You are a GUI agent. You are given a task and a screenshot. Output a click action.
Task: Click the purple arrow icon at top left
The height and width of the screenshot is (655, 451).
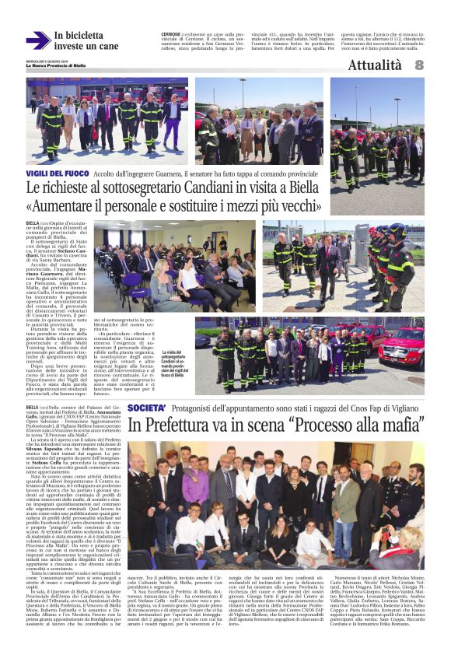pos(37,40)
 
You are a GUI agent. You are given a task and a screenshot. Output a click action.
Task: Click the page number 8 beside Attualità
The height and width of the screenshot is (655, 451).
pos(419,66)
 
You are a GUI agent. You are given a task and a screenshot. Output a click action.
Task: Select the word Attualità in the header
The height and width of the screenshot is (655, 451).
pos(375,66)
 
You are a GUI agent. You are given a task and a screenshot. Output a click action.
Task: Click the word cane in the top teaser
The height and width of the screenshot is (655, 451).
pos(108,47)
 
